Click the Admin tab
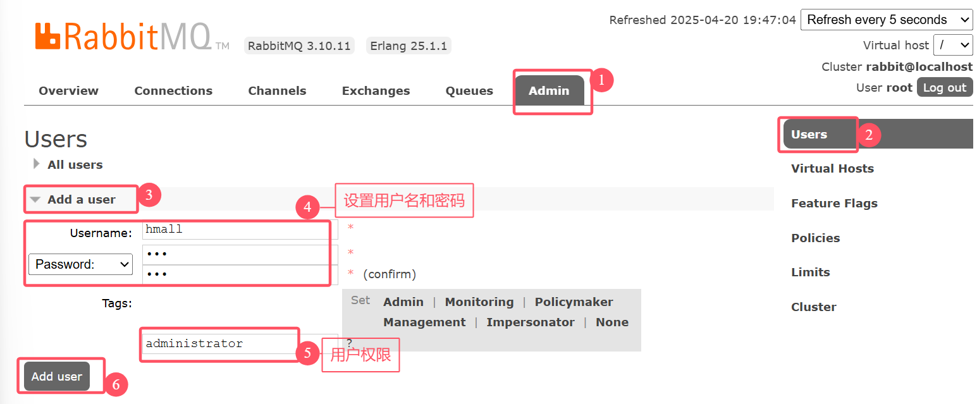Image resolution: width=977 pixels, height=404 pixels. point(549,91)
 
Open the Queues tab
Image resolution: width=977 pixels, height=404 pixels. point(469,91)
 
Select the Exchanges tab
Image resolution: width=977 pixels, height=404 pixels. point(376,91)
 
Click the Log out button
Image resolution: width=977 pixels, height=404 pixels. point(944,88)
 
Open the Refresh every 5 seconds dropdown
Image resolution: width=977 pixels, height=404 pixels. point(886,20)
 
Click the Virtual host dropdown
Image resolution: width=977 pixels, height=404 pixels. point(954,45)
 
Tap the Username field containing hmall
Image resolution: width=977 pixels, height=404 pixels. point(240,230)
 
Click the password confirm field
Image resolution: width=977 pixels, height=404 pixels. point(240,274)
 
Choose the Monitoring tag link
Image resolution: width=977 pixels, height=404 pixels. point(479,302)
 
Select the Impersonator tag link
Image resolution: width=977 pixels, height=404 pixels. point(531,322)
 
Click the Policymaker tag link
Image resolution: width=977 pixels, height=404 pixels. point(574,302)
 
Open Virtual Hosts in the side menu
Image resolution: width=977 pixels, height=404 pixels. point(832,169)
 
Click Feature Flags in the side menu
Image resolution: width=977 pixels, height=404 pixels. point(834,204)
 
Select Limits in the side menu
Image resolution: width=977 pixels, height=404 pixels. point(810,272)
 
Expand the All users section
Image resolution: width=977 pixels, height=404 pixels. point(75,165)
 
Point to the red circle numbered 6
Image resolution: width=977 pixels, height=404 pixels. point(116,384)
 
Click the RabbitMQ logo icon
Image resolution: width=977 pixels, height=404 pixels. point(47,36)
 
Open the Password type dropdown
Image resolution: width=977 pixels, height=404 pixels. point(80,264)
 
